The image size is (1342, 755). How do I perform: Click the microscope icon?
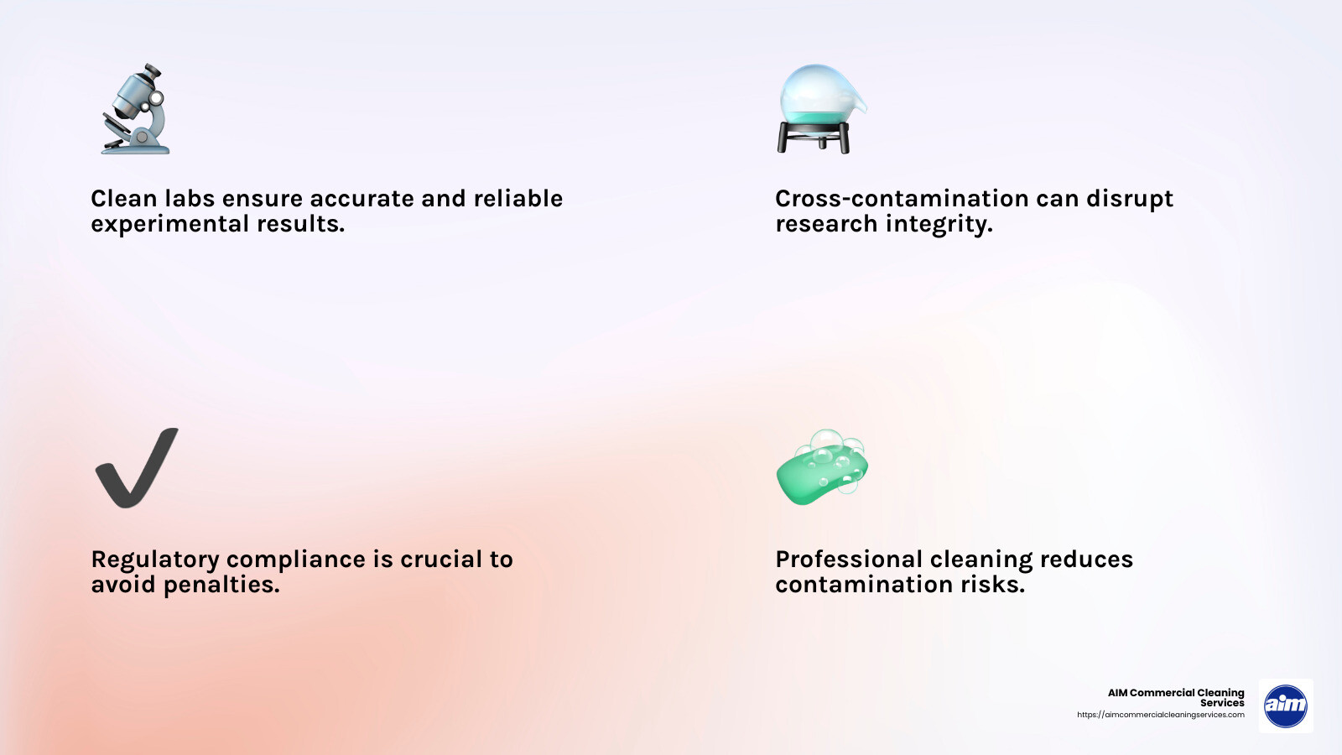(137, 109)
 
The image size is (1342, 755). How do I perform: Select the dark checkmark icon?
(136, 468)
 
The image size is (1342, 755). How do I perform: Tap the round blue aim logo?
(1285, 706)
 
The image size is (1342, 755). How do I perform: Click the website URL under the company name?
(1161, 715)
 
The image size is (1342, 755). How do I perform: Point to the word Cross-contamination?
(902, 199)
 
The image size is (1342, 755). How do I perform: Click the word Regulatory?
(155, 560)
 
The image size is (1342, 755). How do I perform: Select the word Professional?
(849, 560)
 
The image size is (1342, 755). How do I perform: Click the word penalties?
(221, 585)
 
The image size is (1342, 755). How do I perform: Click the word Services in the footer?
(1222, 703)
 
